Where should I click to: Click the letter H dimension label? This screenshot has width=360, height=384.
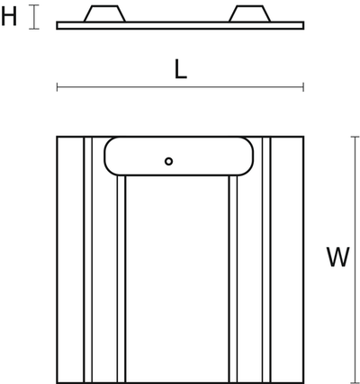point(9,17)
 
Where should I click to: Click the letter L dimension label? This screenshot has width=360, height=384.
point(181,69)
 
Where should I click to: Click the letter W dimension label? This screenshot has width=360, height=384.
point(338,257)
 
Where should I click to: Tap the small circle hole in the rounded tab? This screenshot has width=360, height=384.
point(168,161)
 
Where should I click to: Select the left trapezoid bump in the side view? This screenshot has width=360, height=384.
point(104,13)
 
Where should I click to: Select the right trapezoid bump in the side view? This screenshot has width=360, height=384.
point(249,13)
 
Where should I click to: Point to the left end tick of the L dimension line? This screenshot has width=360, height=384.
point(57,87)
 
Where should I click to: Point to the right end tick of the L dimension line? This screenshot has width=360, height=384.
point(303,87)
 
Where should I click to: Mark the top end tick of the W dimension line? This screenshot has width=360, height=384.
point(355,137)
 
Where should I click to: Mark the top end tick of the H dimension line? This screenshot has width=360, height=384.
point(34,5)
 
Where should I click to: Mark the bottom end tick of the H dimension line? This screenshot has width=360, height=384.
point(34,29)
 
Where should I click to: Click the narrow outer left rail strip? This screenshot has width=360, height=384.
point(88,260)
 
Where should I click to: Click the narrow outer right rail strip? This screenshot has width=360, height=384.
point(266,260)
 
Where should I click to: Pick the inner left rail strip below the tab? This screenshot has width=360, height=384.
point(121,279)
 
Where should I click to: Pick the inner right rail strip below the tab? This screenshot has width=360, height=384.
point(233,279)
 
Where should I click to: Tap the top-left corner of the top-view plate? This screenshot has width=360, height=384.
point(57,137)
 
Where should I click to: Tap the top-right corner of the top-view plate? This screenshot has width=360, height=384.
point(303,137)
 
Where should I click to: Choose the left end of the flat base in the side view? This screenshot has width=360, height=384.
point(57,25)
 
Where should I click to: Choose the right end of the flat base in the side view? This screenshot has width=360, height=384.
point(304,25)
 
